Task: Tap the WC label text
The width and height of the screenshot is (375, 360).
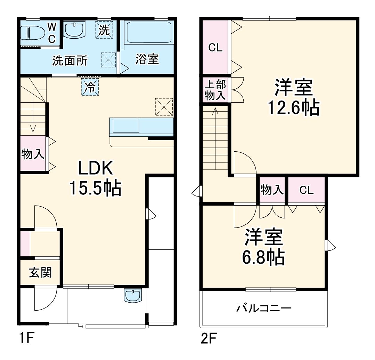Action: point(51,33)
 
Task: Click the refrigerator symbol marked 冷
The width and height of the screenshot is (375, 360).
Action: point(90,87)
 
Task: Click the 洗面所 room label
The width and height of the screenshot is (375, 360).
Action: point(70,61)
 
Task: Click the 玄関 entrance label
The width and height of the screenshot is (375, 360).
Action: point(40,272)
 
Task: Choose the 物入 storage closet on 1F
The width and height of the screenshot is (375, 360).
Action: point(33,154)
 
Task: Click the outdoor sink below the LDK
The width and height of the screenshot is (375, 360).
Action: point(132,296)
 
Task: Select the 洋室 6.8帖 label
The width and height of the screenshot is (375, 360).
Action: point(263,247)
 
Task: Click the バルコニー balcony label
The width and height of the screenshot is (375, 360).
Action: point(264,308)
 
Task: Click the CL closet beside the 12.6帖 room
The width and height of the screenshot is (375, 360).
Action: point(215,48)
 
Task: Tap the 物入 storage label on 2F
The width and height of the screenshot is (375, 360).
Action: point(272,190)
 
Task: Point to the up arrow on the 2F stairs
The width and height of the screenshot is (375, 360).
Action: point(215,111)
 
